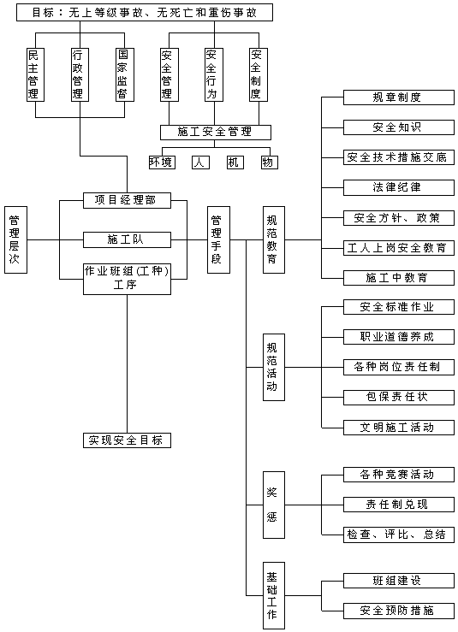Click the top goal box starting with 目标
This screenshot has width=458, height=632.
pos(145,13)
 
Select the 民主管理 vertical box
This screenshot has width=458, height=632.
pos(35,74)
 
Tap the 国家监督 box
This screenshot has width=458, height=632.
pos(125,74)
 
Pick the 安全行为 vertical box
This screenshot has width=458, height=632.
pos(214,74)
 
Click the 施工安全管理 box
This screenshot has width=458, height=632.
pos(216,133)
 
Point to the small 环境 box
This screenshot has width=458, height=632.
pos(162,162)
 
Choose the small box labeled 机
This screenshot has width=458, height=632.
pos(235,162)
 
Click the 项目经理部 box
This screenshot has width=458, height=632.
pos(127,200)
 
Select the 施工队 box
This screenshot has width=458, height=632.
pos(127,239)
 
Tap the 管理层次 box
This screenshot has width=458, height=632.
pos(15,239)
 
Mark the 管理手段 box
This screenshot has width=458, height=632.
pos(218,239)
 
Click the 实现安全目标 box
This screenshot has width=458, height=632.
pos(127,440)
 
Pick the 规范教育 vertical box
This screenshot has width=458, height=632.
pos(274,239)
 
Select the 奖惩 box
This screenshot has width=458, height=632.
pos(274,505)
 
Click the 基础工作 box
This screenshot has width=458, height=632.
pos(274,596)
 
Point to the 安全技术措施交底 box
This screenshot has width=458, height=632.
pos(399,157)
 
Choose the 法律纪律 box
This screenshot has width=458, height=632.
pos(399,187)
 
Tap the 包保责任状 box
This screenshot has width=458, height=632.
pos(399,398)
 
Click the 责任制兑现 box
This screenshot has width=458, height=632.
pos(399,505)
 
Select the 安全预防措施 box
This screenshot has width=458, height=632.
pos(399,611)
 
